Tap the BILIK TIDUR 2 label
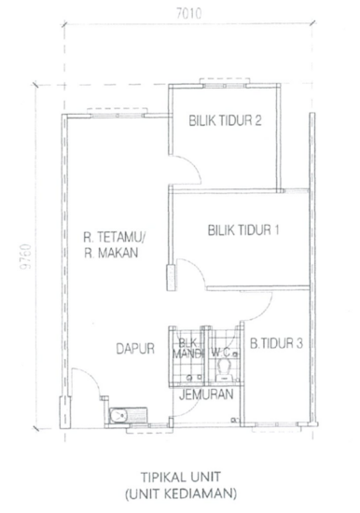[224, 119]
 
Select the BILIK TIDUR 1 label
[244, 229]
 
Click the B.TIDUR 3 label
[276, 344]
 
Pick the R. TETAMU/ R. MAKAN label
[111, 243]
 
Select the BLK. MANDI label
[187, 349]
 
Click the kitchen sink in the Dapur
[123, 416]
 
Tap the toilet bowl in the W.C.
[223, 372]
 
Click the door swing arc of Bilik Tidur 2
[185, 172]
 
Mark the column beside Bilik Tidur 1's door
[171, 278]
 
